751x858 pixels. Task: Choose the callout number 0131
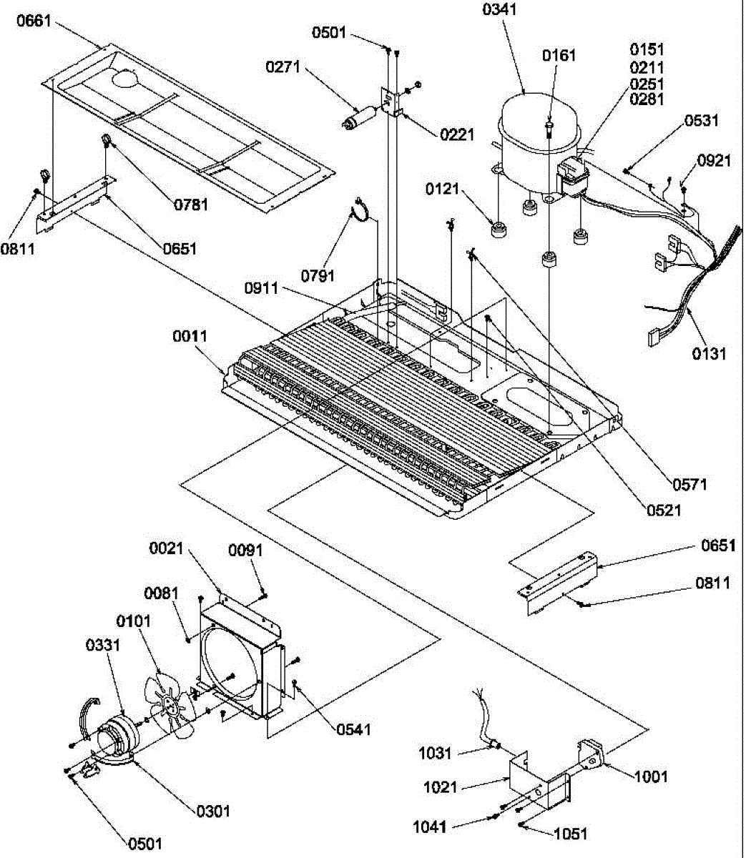tap(708, 352)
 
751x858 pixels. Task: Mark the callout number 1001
tap(649, 776)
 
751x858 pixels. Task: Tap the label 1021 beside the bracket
tap(439, 787)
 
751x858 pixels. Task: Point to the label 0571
tap(689, 484)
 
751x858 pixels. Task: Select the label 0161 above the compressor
tap(559, 56)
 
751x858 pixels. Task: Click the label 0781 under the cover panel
tap(190, 204)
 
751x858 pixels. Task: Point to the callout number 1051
tap(569, 833)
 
